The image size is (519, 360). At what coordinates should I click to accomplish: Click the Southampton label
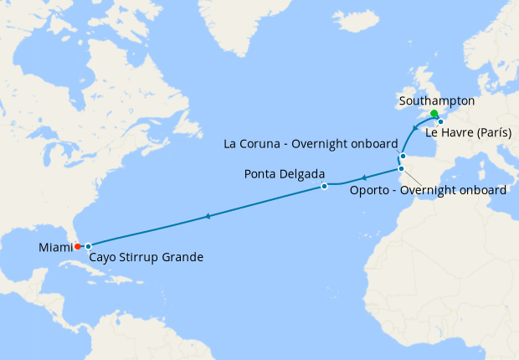click(437, 101)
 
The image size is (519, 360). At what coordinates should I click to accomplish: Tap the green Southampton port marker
click(434, 114)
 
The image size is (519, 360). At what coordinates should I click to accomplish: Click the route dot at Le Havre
click(440, 121)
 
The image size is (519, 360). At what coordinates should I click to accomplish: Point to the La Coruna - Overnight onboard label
click(311, 144)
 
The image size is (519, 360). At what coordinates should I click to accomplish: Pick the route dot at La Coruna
click(403, 156)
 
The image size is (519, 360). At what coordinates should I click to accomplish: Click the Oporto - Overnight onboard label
click(427, 190)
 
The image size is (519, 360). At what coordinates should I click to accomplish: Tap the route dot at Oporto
click(401, 169)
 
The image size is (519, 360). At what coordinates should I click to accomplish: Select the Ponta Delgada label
click(280, 174)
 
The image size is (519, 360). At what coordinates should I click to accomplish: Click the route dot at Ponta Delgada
click(324, 187)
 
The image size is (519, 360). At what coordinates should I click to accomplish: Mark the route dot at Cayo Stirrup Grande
click(88, 246)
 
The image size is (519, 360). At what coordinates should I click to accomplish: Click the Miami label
click(54, 248)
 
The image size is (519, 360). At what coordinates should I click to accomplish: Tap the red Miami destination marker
click(77, 246)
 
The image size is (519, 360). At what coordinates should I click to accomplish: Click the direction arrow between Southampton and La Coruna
click(415, 128)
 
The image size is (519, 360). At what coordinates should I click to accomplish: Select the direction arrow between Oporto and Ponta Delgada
click(363, 177)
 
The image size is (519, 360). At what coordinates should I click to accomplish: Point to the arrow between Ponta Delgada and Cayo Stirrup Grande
click(207, 217)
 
